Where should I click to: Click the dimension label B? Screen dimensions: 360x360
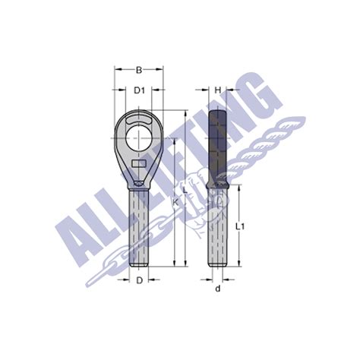(x=139, y=71)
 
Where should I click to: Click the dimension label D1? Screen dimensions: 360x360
(x=139, y=90)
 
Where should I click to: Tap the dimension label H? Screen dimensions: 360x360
(x=217, y=90)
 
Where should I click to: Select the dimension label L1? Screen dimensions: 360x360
(x=238, y=226)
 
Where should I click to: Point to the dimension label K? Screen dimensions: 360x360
(x=175, y=203)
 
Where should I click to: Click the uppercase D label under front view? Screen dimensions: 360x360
(x=139, y=280)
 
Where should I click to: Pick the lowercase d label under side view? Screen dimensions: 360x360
(x=217, y=289)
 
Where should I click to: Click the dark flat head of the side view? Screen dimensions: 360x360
(x=217, y=144)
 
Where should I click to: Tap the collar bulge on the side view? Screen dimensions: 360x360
(x=217, y=185)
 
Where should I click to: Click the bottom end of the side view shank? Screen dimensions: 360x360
(x=217, y=264)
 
